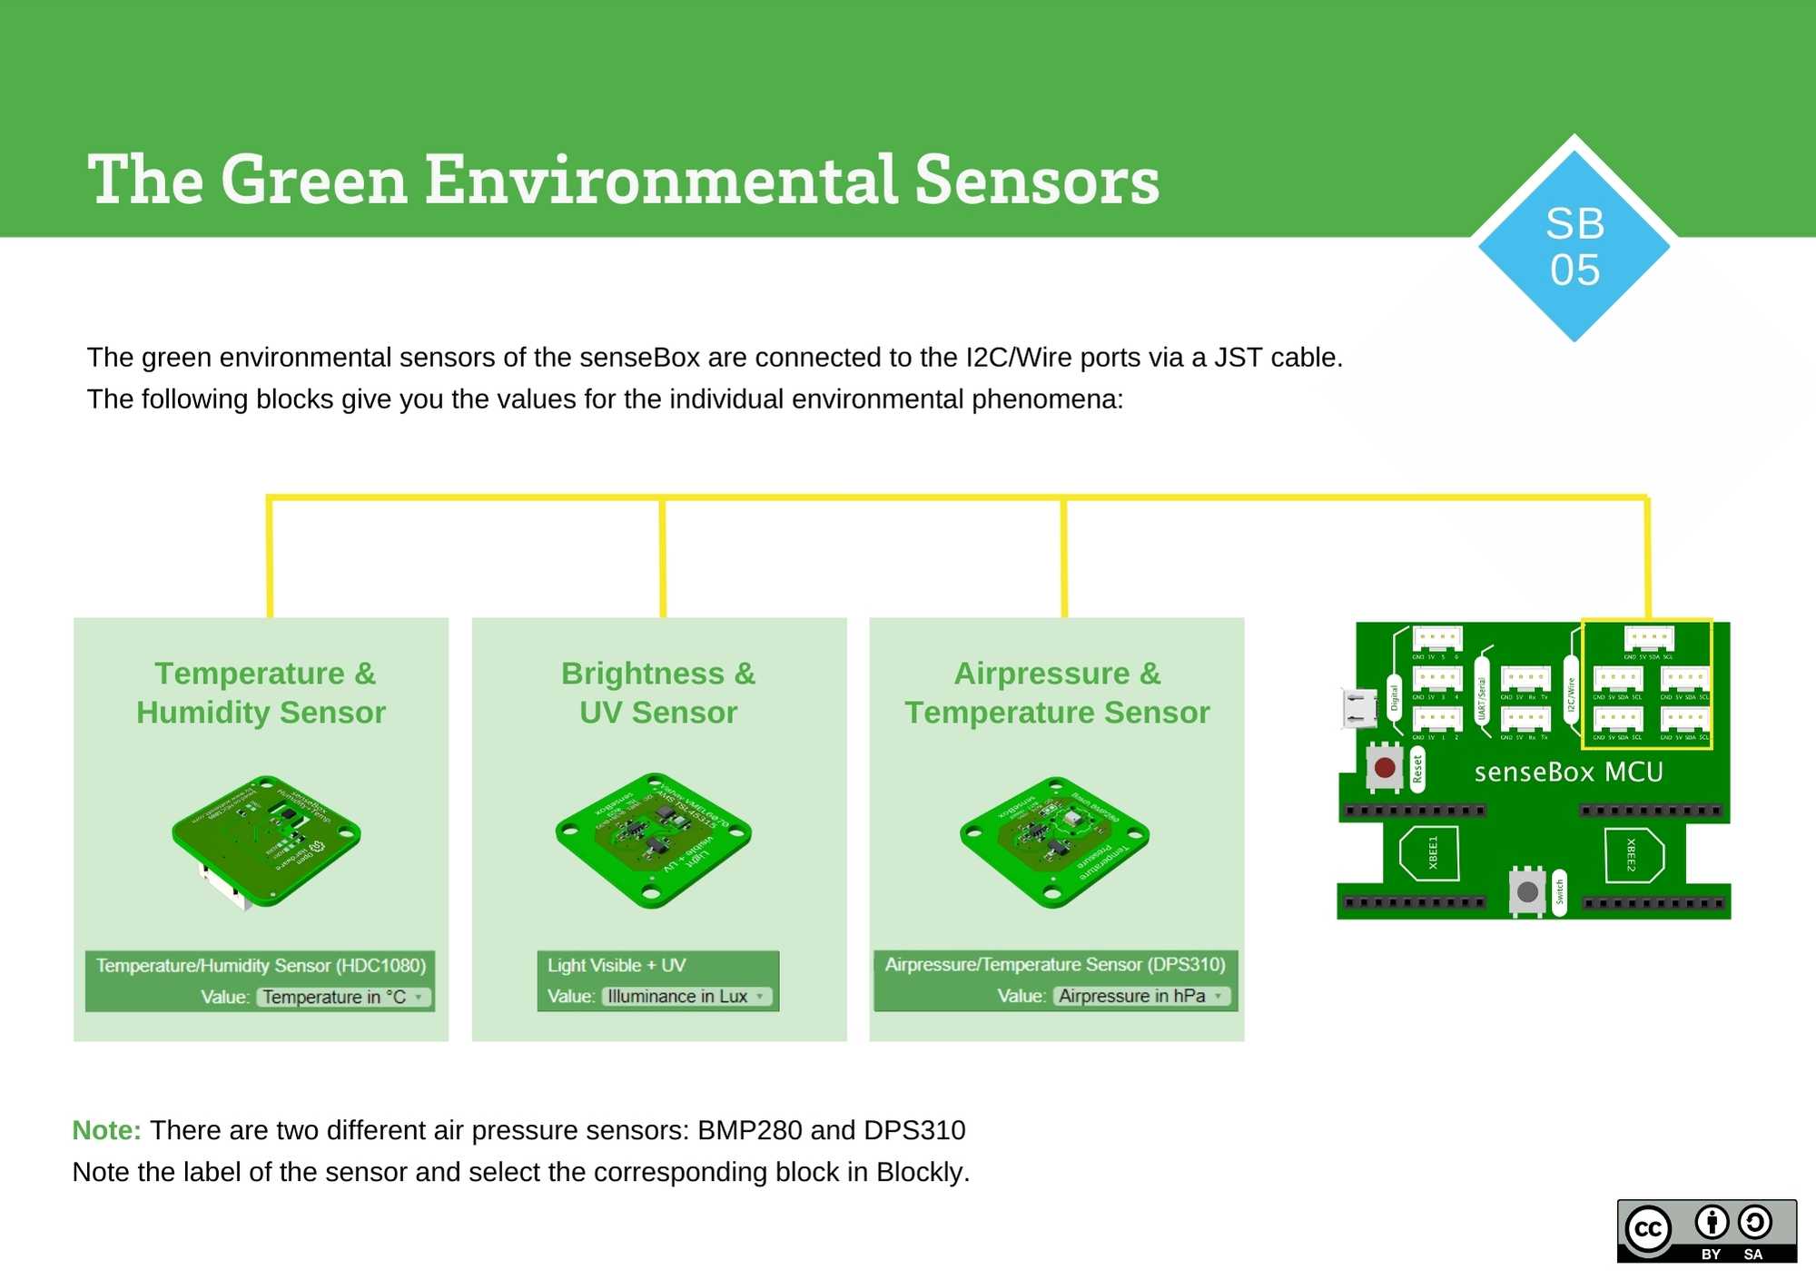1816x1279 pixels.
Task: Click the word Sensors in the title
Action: [1036, 181]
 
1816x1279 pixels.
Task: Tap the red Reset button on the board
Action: [1385, 768]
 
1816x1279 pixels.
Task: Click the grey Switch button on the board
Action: [1527, 891]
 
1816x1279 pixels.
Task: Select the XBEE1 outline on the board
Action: [1430, 853]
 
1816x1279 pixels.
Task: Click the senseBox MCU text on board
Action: [1568, 772]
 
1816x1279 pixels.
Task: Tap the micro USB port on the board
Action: [1358, 708]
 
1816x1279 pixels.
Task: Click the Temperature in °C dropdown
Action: [343, 997]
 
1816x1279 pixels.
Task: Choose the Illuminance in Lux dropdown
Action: [686, 996]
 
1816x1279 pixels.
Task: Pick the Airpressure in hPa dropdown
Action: [1141, 996]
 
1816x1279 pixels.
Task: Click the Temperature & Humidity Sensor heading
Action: [261, 693]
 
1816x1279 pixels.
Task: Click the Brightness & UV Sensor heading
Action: [658, 693]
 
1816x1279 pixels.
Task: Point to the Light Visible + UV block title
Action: [617, 965]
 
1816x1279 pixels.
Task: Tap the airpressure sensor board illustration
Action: [1054, 841]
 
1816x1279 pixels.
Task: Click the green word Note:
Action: [106, 1130]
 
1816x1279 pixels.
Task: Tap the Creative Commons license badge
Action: [1706, 1231]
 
